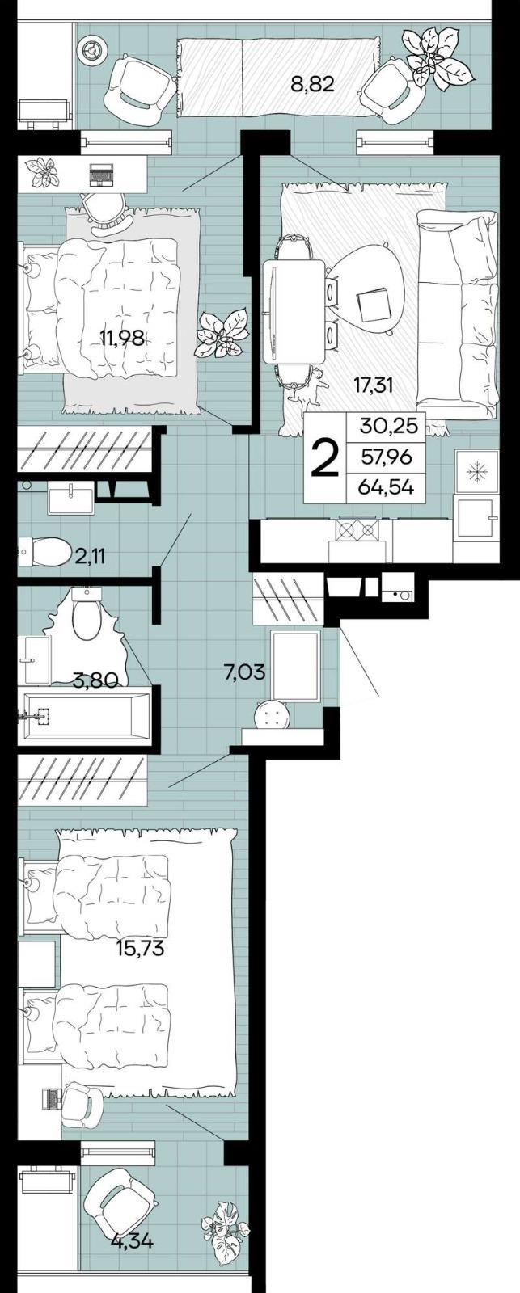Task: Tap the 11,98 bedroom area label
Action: (x=122, y=339)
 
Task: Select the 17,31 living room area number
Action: (x=373, y=385)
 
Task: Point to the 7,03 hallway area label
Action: (x=244, y=671)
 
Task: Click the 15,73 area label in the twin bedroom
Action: (x=140, y=948)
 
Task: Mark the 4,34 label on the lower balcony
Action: (x=132, y=1240)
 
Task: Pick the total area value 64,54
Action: (x=387, y=486)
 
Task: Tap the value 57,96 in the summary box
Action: (x=387, y=457)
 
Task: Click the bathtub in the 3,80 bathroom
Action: (x=84, y=714)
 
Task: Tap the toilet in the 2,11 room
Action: (x=47, y=553)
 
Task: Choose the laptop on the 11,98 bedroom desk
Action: (x=100, y=174)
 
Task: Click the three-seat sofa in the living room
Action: (x=456, y=315)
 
